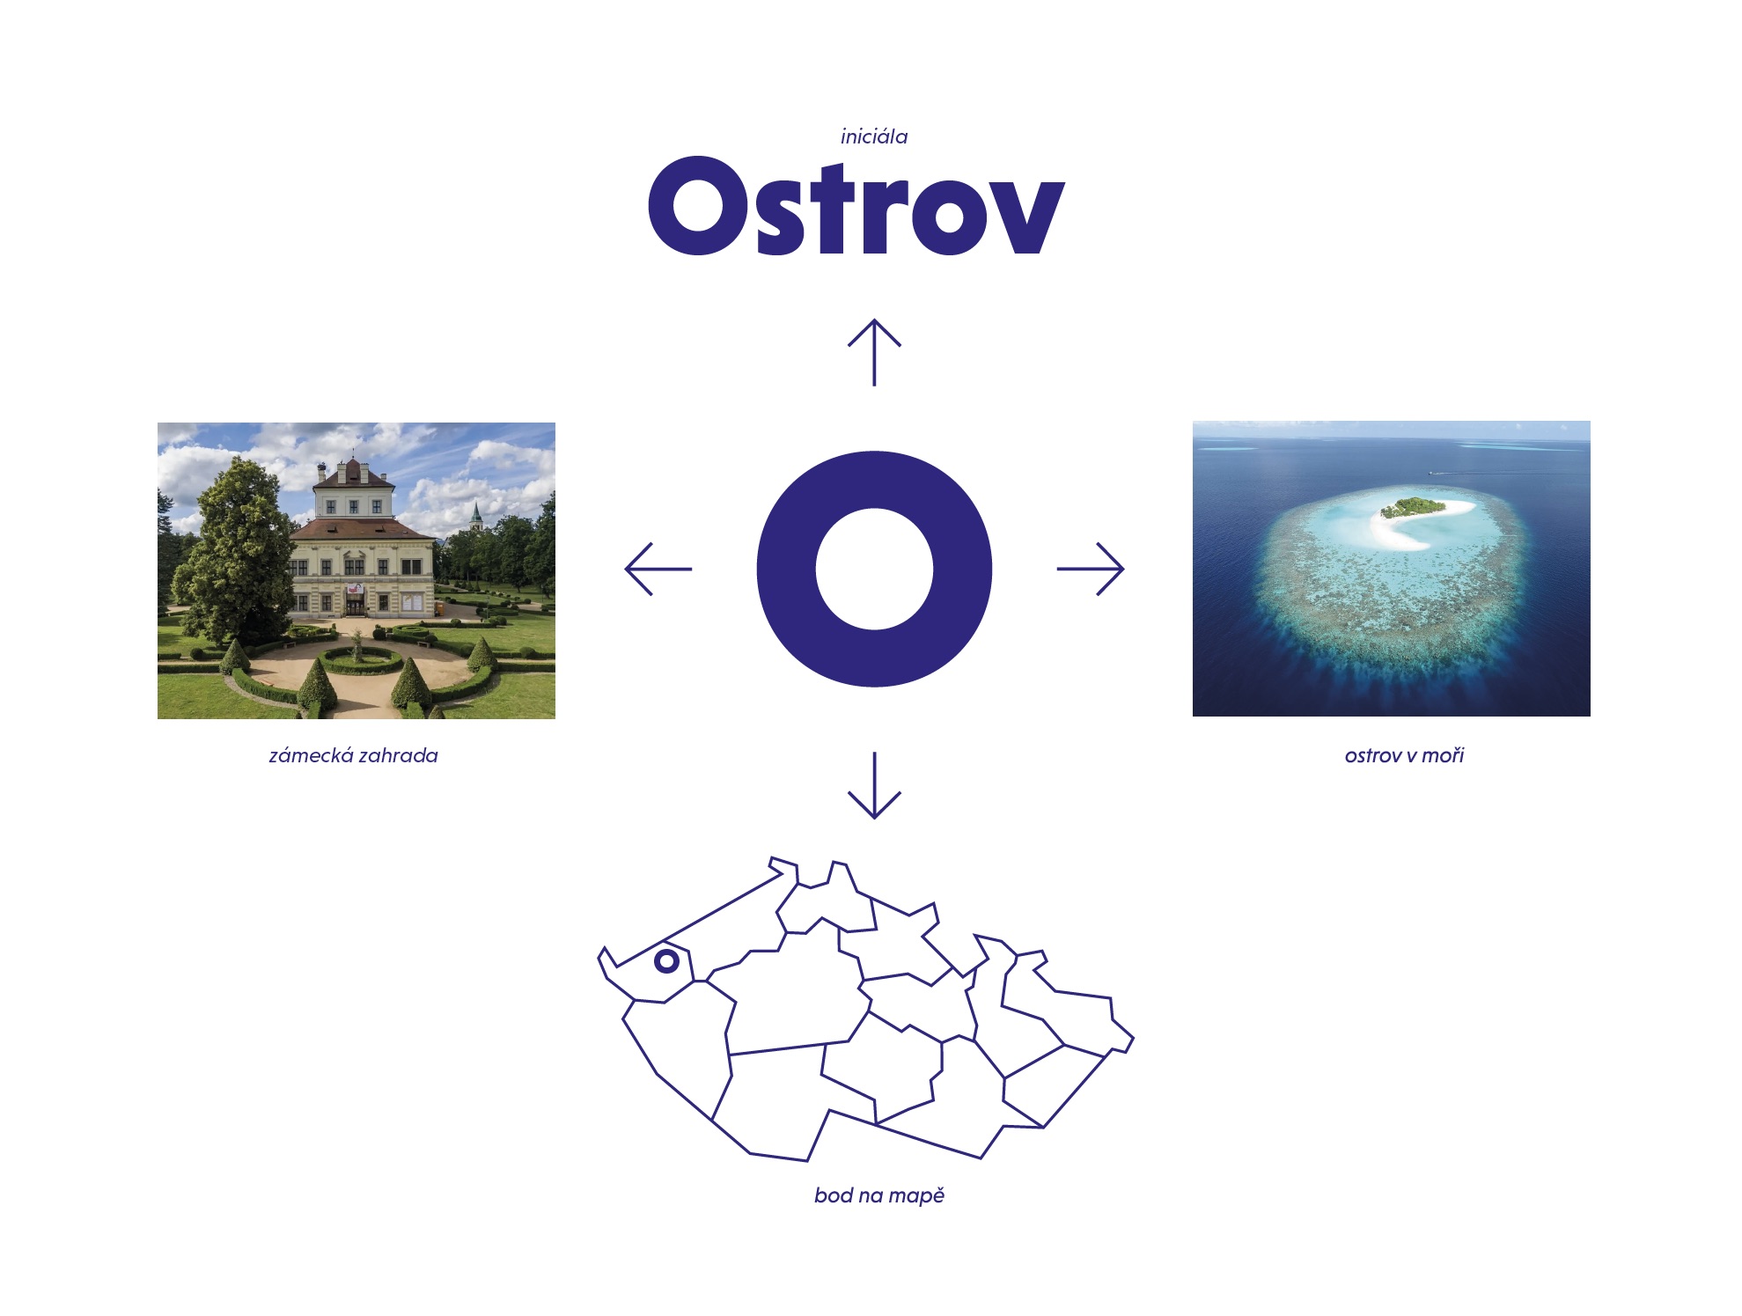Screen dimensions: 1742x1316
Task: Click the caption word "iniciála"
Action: tap(873, 136)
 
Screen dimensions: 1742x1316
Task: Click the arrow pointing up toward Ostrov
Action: tap(874, 352)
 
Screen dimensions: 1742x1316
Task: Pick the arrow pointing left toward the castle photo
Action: tap(658, 569)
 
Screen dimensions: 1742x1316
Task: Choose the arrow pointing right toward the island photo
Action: tap(1091, 569)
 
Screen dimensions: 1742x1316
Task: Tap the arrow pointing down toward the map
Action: tap(874, 785)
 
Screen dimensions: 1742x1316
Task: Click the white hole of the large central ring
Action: tap(874, 569)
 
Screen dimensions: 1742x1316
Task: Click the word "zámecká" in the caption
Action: tap(311, 755)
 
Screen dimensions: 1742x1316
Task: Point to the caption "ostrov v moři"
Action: tap(1404, 755)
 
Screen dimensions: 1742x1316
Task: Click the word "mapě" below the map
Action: tap(916, 1195)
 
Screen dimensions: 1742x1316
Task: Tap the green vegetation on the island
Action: tap(1412, 507)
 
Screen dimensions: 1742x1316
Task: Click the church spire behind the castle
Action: tap(476, 516)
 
